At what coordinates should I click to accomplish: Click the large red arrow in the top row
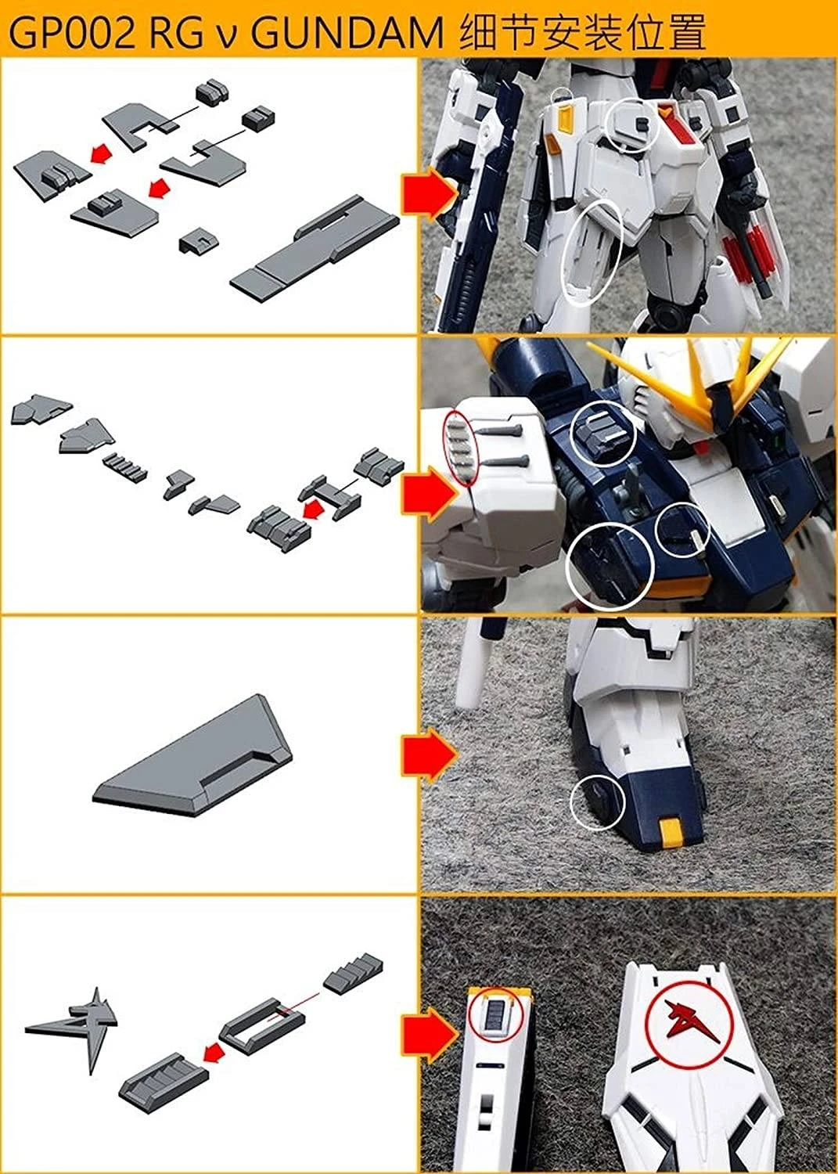[429, 193]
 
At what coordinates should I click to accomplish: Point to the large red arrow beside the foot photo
[429, 756]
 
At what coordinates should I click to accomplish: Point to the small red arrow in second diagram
[313, 511]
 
